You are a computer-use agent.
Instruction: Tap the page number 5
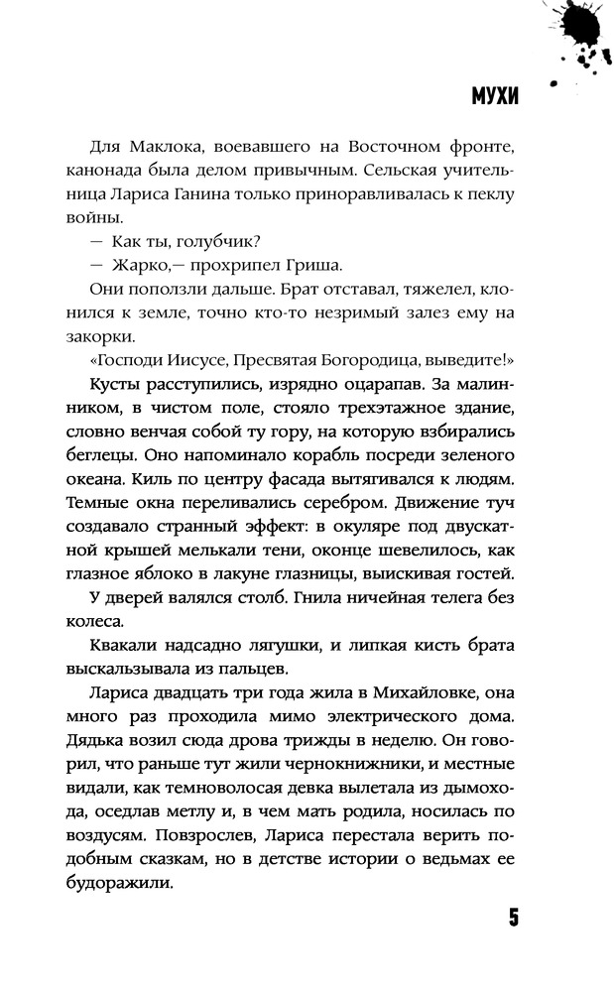pyautogui.click(x=513, y=916)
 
